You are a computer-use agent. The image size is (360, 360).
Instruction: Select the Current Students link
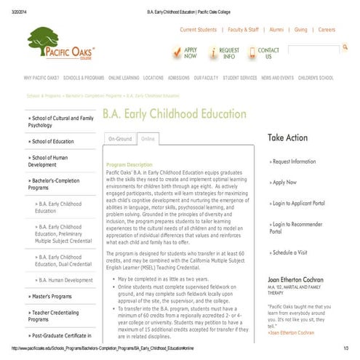click(198, 30)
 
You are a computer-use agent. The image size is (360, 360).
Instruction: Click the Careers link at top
click(327, 30)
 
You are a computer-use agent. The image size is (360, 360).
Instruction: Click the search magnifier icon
click(345, 48)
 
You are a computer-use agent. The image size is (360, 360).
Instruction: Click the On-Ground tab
click(119, 137)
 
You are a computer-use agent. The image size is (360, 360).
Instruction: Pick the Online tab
click(148, 137)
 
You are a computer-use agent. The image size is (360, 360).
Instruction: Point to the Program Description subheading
click(129, 164)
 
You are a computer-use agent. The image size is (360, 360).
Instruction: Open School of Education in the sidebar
click(52, 141)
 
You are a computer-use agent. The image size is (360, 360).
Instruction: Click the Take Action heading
click(287, 137)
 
